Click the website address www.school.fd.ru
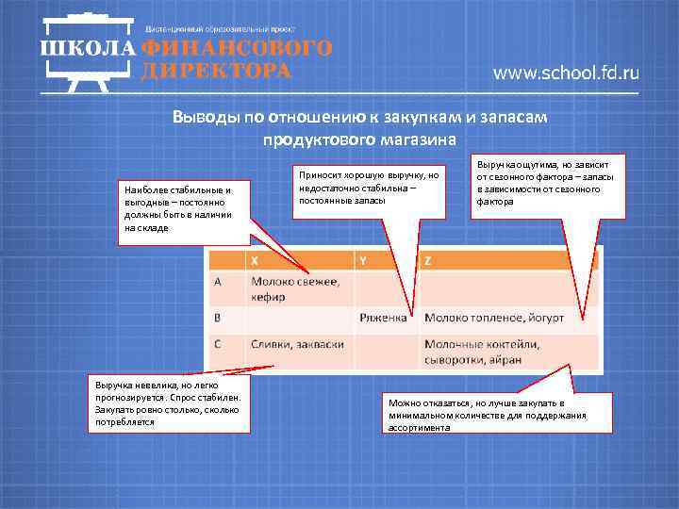pyautogui.click(x=566, y=74)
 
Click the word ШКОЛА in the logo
pyautogui.click(x=88, y=48)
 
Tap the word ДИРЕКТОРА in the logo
pyautogui.click(x=216, y=71)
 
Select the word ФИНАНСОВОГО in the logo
pyautogui.click(x=237, y=48)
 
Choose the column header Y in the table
pyautogui.click(x=364, y=259)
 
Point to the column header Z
pyautogui.click(x=428, y=259)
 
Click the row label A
pyautogui.click(x=218, y=282)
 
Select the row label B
pyautogui.click(x=218, y=318)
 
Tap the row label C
pyautogui.click(x=218, y=345)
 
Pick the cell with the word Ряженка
pyautogui.click(x=383, y=319)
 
